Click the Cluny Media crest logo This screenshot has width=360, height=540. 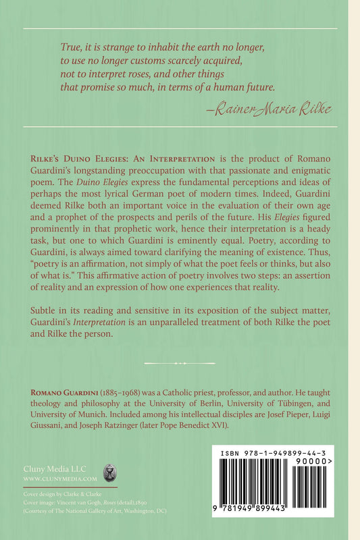click(x=107, y=471)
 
